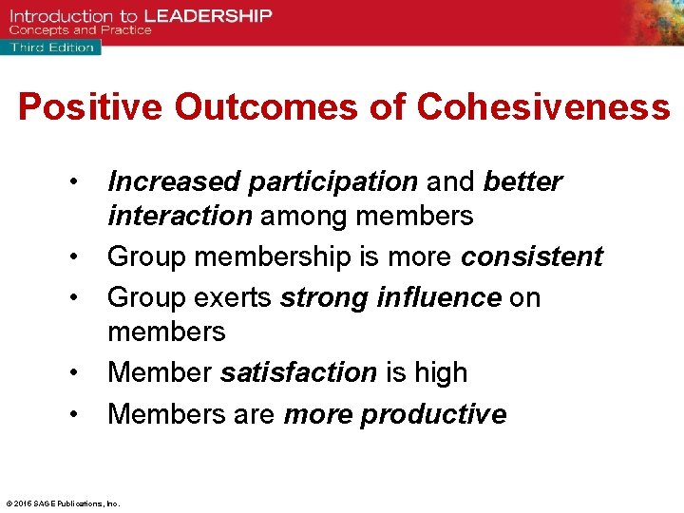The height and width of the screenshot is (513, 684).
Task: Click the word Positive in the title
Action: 90,107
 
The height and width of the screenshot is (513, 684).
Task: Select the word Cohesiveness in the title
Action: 543,107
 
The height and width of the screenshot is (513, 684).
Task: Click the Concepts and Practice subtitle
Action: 80,30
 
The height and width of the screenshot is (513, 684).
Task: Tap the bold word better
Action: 522,181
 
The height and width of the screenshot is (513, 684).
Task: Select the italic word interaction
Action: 180,217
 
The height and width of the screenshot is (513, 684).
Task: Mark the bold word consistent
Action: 532,257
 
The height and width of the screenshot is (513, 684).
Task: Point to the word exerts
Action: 235,298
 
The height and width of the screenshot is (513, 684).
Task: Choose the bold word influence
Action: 438,298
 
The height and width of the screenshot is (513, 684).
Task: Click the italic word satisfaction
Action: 298,373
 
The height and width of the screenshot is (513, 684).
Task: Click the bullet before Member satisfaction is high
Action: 72,373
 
